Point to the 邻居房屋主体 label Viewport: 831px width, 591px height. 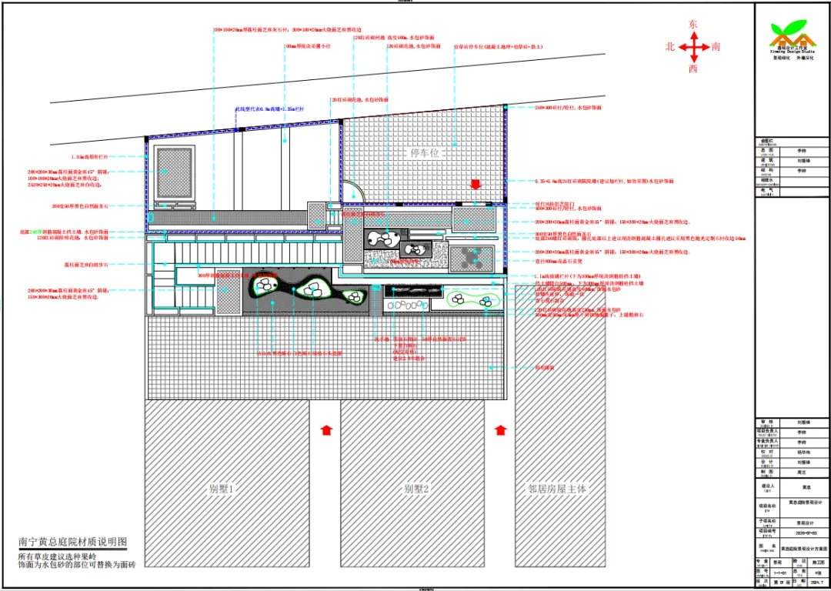point(557,488)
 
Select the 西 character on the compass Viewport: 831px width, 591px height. point(693,69)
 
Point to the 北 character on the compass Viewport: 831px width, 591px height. point(670,47)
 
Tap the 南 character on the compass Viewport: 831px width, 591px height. point(716,47)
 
